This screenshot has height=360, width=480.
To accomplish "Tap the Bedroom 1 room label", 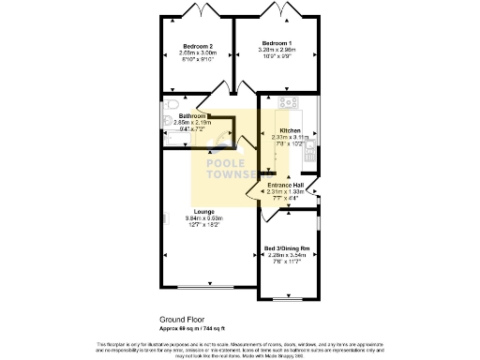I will tap(277, 44).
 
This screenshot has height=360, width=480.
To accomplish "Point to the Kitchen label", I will tap(290, 131).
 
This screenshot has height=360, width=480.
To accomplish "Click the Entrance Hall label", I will tap(286, 186).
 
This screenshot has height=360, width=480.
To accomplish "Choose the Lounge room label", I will tap(203, 212).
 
